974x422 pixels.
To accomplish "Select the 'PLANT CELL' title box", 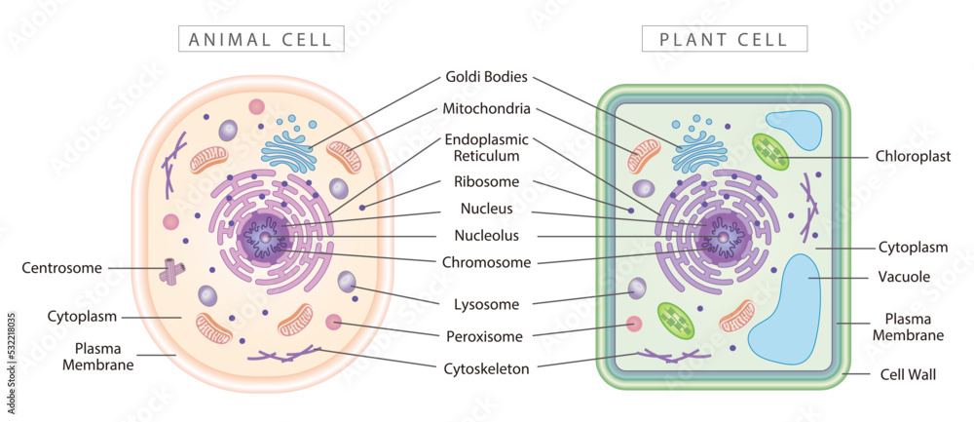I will pyautogui.click(x=725, y=39).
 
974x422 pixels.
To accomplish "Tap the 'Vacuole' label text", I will pyautogui.click(x=904, y=277).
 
